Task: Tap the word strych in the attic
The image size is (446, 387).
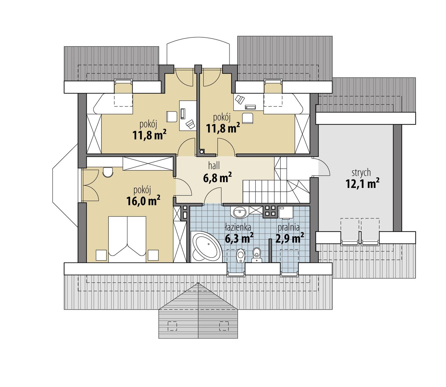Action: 361,173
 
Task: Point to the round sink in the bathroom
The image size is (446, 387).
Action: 239,213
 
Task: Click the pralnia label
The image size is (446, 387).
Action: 288,227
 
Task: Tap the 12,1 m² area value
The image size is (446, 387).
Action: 362,184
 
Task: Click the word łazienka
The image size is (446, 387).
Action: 238,227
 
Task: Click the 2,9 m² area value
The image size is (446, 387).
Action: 289,239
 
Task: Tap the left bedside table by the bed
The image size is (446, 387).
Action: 101,255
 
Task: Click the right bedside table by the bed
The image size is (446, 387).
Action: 153,255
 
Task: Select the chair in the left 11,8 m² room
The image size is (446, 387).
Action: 172,116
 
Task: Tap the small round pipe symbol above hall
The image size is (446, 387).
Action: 201,152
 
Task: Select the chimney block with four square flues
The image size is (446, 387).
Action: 270,211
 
